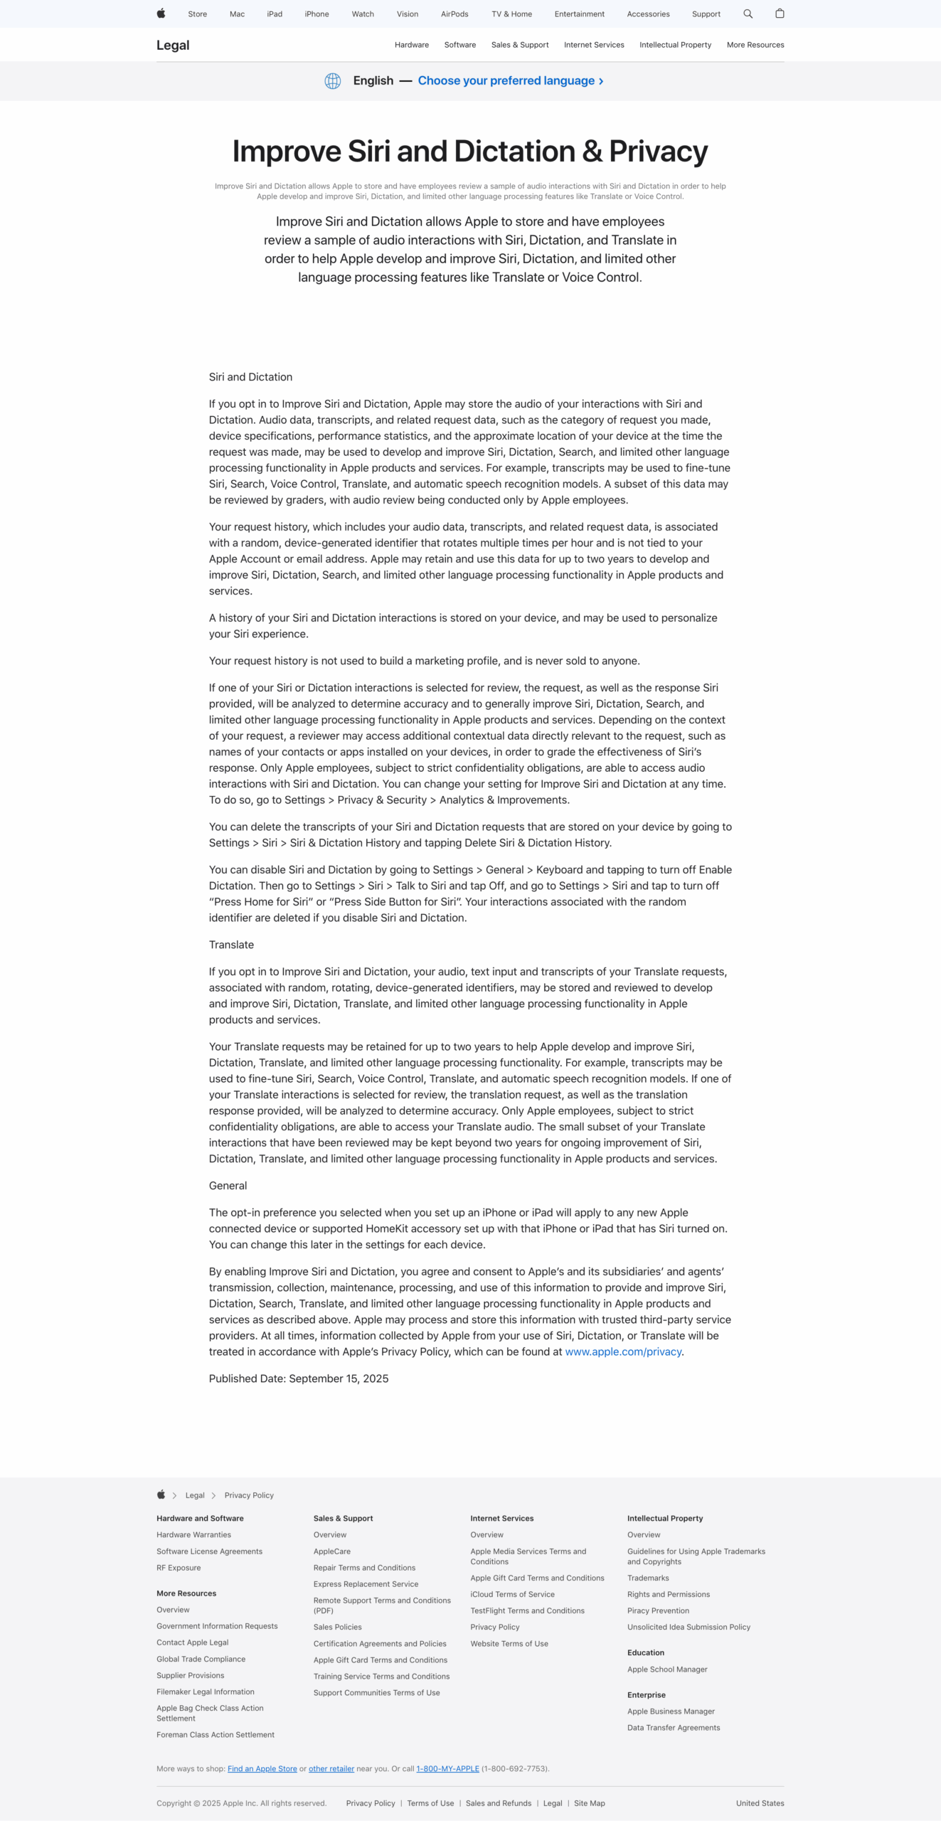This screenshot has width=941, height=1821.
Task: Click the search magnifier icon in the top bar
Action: click(748, 14)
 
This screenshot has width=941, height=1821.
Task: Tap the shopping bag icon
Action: click(780, 14)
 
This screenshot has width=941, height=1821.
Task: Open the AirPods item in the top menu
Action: click(454, 14)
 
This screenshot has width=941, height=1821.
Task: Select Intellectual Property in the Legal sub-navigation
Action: click(675, 45)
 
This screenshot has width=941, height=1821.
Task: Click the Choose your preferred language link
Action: click(510, 80)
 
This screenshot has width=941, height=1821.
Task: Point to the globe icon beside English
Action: click(333, 81)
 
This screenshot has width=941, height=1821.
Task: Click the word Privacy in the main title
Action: click(658, 152)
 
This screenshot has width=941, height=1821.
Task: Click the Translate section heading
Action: click(231, 945)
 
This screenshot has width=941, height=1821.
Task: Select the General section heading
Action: click(228, 1185)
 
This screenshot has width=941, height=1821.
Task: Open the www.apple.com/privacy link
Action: click(623, 1352)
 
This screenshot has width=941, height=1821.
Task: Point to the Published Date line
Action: click(299, 1379)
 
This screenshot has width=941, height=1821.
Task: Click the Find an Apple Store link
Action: click(262, 1768)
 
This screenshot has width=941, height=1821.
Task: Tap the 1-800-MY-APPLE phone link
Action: click(447, 1768)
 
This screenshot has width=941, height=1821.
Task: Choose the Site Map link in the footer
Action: click(589, 1803)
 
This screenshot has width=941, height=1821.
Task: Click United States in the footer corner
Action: click(760, 1803)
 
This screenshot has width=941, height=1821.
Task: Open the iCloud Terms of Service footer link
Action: click(512, 1594)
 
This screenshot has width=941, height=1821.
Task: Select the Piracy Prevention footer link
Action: click(658, 1610)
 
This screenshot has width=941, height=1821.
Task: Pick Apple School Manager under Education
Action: click(667, 1669)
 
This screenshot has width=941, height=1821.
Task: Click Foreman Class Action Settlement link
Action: click(216, 1734)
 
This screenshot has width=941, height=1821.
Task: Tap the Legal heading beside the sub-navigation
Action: click(173, 46)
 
